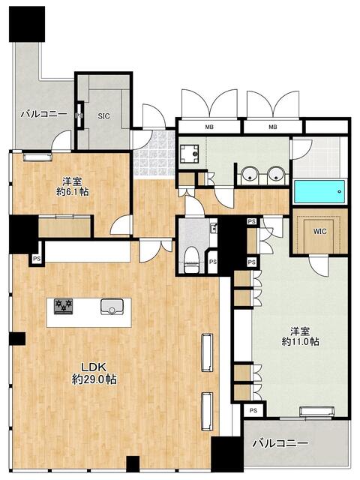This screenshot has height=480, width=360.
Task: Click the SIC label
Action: click(x=103, y=116)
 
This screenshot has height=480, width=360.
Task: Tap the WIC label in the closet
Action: click(x=319, y=232)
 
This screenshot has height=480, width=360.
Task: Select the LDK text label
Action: click(x=93, y=367)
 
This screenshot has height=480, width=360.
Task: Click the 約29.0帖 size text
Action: click(x=94, y=380)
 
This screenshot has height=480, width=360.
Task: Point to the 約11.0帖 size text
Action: click(x=300, y=341)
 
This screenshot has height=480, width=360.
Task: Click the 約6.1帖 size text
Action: click(x=73, y=192)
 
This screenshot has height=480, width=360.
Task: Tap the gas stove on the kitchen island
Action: click(x=63, y=307)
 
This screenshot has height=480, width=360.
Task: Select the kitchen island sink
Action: click(x=112, y=307)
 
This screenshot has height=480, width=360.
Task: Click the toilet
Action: click(x=192, y=259)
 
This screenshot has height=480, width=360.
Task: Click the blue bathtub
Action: click(x=319, y=192)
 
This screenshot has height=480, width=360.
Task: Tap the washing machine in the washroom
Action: click(x=189, y=154)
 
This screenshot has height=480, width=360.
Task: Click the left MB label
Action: click(x=210, y=127)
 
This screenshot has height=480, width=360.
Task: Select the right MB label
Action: click(x=273, y=127)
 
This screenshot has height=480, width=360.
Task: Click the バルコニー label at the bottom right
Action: click(x=280, y=443)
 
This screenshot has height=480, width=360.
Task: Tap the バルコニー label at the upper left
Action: click(x=43, y=115)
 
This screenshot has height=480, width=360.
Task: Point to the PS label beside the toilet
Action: click(x=213, y=262)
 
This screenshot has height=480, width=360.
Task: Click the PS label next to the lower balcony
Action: click(x=253, y=410)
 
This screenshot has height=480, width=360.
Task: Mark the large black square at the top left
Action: click(x=27, y=24)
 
